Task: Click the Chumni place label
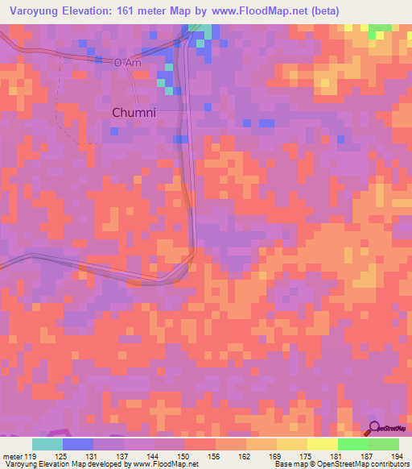tap(133, 113)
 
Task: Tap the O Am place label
tap(127, 62)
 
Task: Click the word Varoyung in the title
tap(39, 10)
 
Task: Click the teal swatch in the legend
tap(47, 444)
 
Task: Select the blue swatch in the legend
tap(77, 444)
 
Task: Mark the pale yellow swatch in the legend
tap(322, 444)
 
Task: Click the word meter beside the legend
tap(13, 455)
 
